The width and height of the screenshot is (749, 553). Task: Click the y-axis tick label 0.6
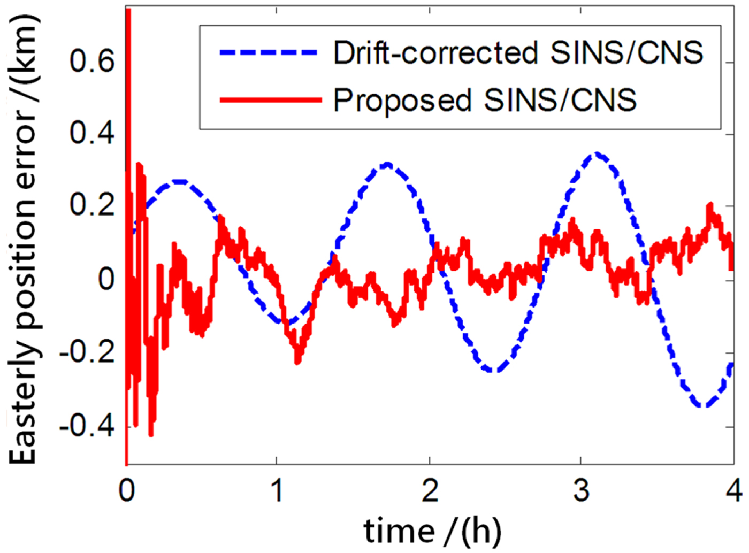tap(91, 60)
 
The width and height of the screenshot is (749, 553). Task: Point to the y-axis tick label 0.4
tap(91, 133)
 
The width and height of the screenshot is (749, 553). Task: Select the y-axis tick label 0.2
tap(91, 205)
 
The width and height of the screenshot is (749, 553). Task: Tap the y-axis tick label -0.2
tap(87, 352)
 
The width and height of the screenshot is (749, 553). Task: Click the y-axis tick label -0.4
tap(87, 426)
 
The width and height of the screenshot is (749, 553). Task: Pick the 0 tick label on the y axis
tap(106, 279)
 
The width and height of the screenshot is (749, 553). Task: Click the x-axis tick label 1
tap(277, 490)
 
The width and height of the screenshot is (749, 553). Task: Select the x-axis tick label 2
tap(430, 490)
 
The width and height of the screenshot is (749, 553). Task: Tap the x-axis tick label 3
tap(581, 490)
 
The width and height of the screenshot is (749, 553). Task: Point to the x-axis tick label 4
tap(734, 490)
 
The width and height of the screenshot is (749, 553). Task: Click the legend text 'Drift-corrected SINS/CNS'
tap(518, 52)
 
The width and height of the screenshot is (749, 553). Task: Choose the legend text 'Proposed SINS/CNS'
tap(485, 99)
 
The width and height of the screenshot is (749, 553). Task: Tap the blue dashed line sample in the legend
tap(269, 52)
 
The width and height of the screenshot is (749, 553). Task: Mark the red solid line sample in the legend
tap(270, 99)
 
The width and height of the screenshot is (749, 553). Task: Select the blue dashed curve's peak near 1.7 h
tap(387, 164)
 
